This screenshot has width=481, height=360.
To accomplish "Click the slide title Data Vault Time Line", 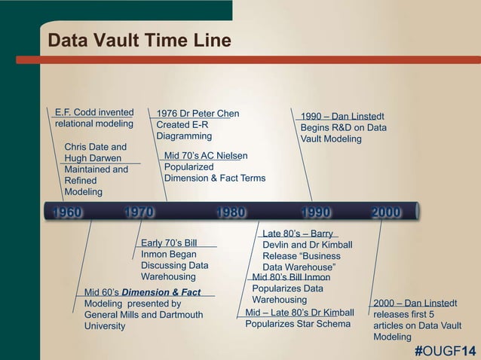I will pyautogui.click(x=139, y=40).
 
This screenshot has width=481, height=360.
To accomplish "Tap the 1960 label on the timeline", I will pyautogui.click(x=67, y=212).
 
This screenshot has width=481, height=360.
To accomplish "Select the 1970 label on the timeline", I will pyautogui.click(x=139, y=212).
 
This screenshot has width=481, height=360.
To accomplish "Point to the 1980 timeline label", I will pyautogui.click(x=230, y=212).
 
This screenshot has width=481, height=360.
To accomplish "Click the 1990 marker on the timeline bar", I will pyautogui.click(x=315, y=212).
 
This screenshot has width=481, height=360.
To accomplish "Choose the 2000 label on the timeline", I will pyautogui.click(x=385, y=212).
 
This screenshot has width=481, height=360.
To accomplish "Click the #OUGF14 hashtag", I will pyautogui.click(x=446, y=352).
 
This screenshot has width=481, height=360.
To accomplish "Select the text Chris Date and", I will pyautogui.click(x=96, y=146).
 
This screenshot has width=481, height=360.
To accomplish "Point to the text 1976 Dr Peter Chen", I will pyautogui.click(x=198, y=114).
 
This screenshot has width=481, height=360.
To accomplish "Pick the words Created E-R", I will pyautogui.click(x=184, y=125).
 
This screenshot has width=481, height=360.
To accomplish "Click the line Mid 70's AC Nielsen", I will pyautogui.click(x=205, y=155).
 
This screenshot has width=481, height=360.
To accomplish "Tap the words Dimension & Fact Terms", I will pyautogui.click(x=215, y=178).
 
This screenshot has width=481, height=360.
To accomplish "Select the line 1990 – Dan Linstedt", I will pyautogui.click(x=342, y=116).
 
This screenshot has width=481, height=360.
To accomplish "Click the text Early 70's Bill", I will pyautogui.click(x=169, y=243).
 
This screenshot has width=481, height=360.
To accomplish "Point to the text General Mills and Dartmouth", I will pyautogui.click(x=143, y=315).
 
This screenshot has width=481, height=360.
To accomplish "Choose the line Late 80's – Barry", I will pyautogui.click(x=297, y=233).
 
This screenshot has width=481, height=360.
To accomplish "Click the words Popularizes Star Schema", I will pyautogui.click(x=298, y=324).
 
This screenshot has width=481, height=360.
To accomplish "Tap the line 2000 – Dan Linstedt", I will pyautogui.click(x=415, y=303).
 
